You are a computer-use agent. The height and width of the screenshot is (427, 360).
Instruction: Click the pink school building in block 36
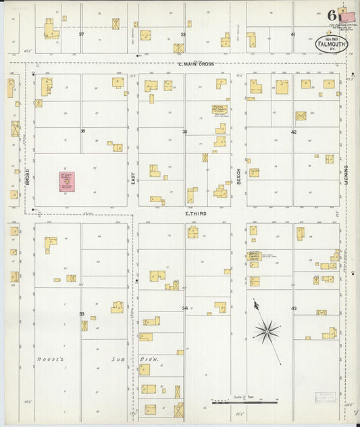click(66, 182)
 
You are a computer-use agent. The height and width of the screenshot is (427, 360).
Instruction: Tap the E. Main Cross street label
click(195, 64)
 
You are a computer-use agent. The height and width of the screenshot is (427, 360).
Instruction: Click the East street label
click(133, 177)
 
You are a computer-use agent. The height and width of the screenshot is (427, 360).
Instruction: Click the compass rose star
click(267, 330)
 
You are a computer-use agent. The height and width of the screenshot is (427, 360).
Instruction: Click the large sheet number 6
click(332, 15)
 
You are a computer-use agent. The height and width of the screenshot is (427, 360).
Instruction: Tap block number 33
click(82, 314)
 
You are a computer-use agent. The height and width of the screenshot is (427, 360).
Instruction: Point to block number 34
click(184, 307)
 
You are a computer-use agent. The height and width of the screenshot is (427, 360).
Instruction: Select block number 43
click(294, 307)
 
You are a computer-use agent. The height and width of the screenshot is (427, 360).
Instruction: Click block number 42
click(293, 132)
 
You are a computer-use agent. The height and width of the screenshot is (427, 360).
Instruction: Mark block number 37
click(82, 34)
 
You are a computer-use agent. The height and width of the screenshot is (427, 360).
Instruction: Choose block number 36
click(82, 130)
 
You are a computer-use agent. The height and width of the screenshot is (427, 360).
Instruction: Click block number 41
click(292, 34)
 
